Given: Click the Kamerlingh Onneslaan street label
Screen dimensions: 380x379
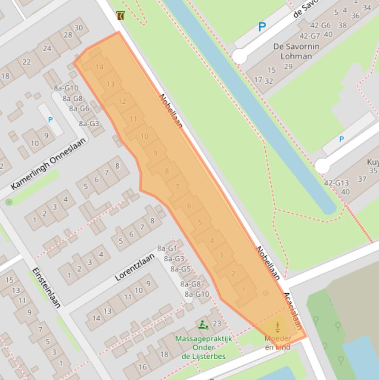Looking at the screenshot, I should (48, 164).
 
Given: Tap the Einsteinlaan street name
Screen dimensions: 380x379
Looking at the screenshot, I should (46, 288).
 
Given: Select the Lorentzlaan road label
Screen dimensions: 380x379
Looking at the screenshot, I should (135, 266).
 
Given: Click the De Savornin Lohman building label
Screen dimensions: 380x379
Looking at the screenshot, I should (296, 51).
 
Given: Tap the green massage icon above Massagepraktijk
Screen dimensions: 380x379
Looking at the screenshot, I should (203, 325).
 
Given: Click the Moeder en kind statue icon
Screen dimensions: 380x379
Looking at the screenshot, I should (277, 327).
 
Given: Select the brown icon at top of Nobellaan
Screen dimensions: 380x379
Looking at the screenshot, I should (121, 16).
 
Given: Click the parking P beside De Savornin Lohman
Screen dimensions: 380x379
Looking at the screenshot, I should (262, 28).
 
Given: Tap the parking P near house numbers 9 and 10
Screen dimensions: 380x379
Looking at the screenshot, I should (50, 120).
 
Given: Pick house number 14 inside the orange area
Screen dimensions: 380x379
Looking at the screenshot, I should (100, 67).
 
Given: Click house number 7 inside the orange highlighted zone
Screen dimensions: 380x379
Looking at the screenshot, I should (177, 187).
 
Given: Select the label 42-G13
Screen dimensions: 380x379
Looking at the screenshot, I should (336, 183).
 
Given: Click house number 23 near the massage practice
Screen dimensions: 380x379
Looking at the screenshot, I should (216, 324).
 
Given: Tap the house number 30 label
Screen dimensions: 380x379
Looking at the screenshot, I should (78, 28).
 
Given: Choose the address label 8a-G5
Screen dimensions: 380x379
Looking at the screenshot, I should (180, 269).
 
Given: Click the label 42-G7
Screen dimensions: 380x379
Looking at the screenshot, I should (310, 36).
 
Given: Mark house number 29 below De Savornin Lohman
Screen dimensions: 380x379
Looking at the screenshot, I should (288, 67).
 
